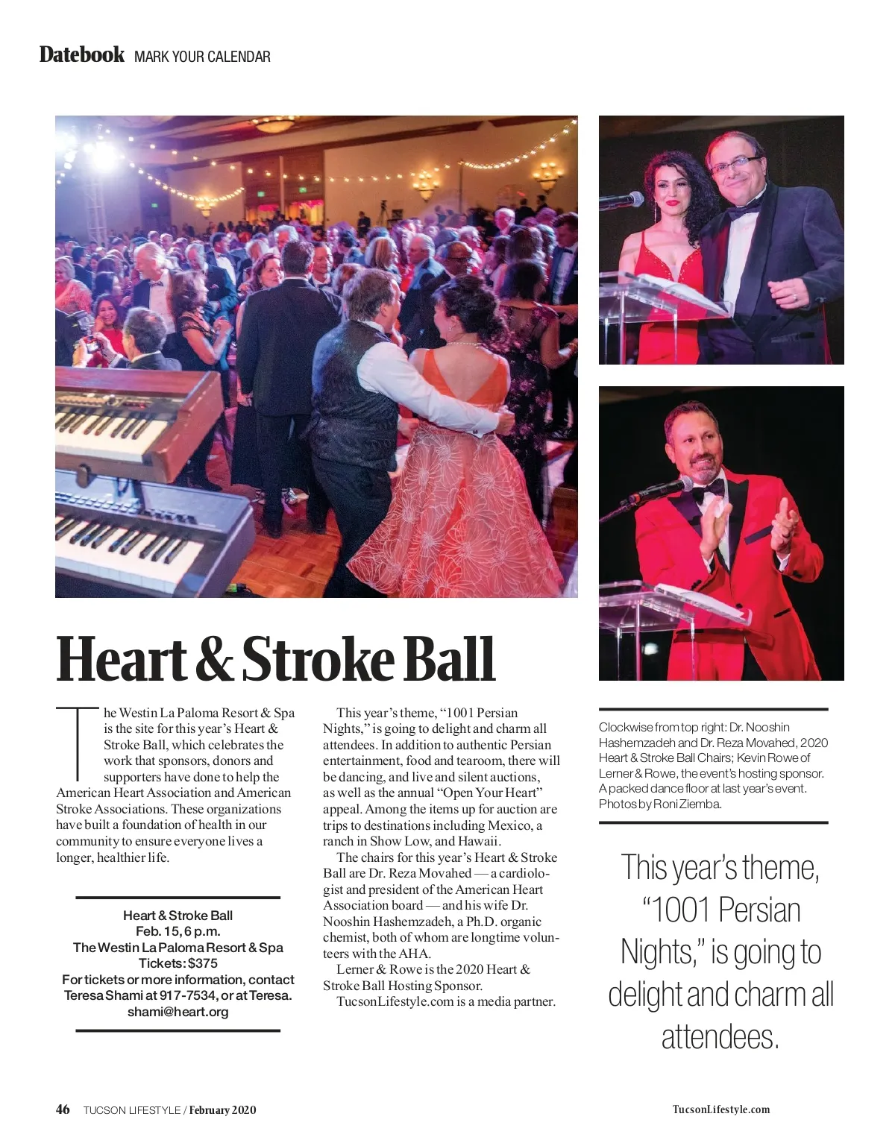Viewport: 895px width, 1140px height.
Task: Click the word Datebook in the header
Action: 82,55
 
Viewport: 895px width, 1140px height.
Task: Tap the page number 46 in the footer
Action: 63,1109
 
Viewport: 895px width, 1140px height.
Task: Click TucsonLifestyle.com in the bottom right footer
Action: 720,1109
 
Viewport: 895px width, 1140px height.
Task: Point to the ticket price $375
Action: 203,963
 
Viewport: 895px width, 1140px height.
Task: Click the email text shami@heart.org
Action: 178,1012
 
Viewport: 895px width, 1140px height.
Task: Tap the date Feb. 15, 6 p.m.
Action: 178,931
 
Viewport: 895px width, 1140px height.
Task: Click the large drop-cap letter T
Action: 78,741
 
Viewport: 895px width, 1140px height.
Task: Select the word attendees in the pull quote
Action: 720,1037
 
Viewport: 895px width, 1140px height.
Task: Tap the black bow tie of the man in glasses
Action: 743,210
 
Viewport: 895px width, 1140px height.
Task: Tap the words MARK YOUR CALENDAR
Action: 202,57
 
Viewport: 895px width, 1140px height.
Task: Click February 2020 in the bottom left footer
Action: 222,1109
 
